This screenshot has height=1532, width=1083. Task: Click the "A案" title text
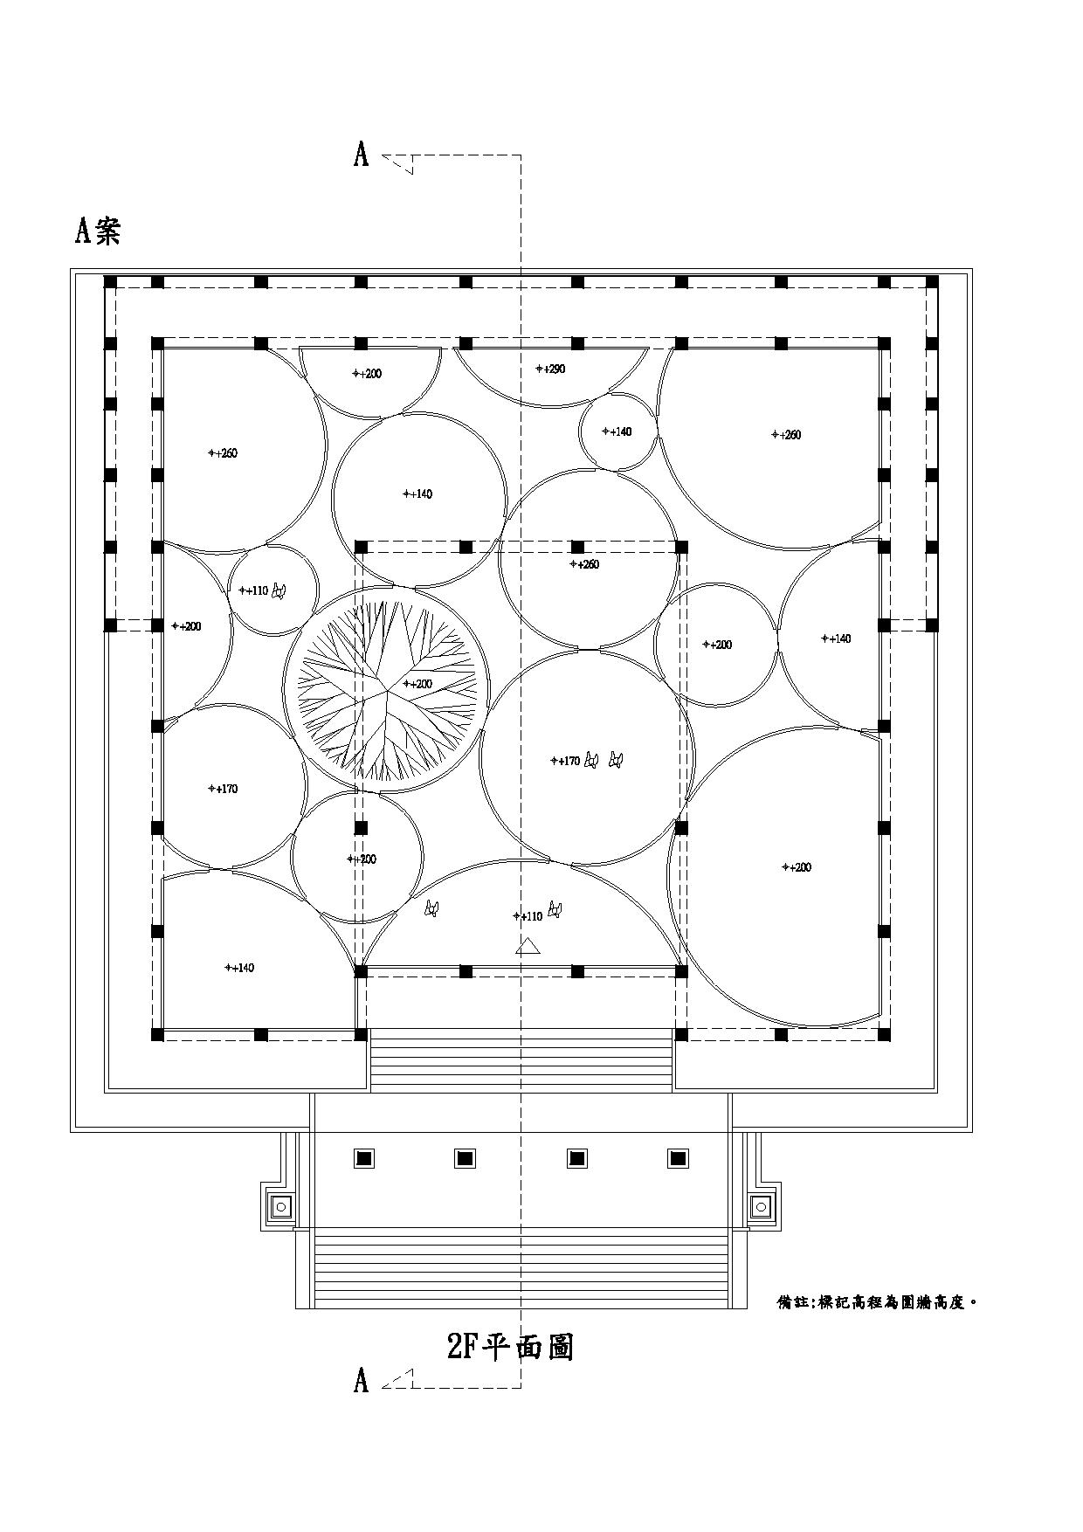(98, 231)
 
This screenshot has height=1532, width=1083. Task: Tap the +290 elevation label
(550, 369)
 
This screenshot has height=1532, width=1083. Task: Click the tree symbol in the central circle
(385, 690)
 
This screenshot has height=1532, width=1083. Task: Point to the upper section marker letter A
(362, 155)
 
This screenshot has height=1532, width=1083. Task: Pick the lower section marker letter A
(362, 1381)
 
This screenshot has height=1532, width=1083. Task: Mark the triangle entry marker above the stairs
(528, 947)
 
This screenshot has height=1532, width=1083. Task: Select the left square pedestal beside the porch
(281, 1207)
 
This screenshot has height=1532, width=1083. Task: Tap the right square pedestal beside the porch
(762, 1207)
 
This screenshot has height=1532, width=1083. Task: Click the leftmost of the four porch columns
(364, 1158)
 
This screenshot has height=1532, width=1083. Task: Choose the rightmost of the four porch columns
(678, 1158)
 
